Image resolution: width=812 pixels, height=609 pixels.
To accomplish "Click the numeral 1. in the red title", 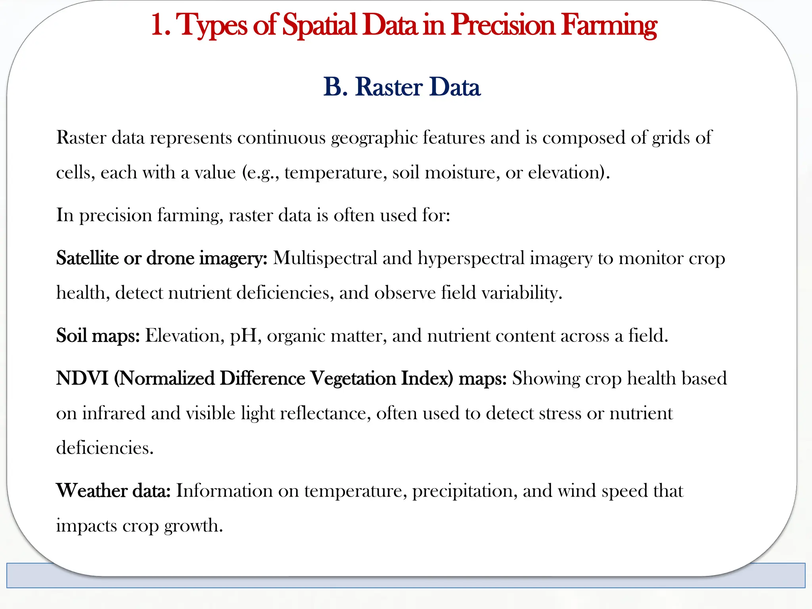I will (x=161, y=25).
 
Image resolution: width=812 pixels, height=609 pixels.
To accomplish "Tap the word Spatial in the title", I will (x=320, y=25).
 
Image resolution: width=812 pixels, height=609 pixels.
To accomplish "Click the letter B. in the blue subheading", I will (x=335, y=87).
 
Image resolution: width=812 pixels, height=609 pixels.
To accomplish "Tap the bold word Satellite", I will (x=87, y=258).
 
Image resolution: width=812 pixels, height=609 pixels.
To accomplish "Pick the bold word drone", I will (x=170, y=258).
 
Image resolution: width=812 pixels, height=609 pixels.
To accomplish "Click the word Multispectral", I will (x=325, y=258).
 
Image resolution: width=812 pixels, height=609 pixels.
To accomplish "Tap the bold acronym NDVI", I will (x=82, y=378).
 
